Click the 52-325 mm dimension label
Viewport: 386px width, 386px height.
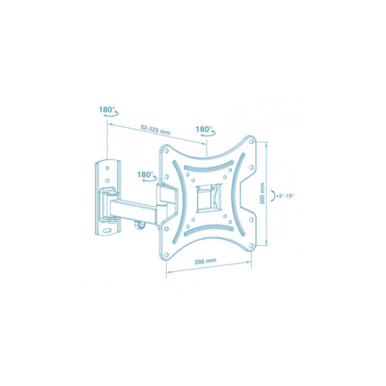click(x=155, y=130)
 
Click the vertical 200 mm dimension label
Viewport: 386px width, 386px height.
click(x=262, y=193)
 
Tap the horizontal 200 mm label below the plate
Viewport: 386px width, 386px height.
click(x=205, y=261)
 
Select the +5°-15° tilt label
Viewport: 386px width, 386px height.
click(x=285, y=196)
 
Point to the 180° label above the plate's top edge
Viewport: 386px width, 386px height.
click(x=203, y=129)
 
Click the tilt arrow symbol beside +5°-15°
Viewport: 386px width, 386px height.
click(x=273, y=196)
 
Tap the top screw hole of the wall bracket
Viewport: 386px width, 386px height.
click(x=107, y=168)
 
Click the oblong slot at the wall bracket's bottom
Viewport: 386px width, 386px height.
click(x=108, y=230)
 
